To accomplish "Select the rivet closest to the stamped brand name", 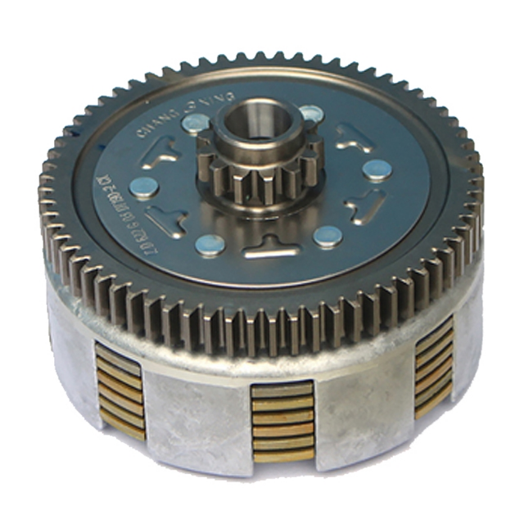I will pos(195,124).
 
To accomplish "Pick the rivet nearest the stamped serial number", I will pos(145,188).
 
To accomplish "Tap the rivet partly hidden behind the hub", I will pos(310,114).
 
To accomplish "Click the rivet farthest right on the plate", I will pos(377,170).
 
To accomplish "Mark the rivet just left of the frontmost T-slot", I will pos(210,245).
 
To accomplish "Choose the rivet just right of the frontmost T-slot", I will pos(327,237).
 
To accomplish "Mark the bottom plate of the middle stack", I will pos(282,455).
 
